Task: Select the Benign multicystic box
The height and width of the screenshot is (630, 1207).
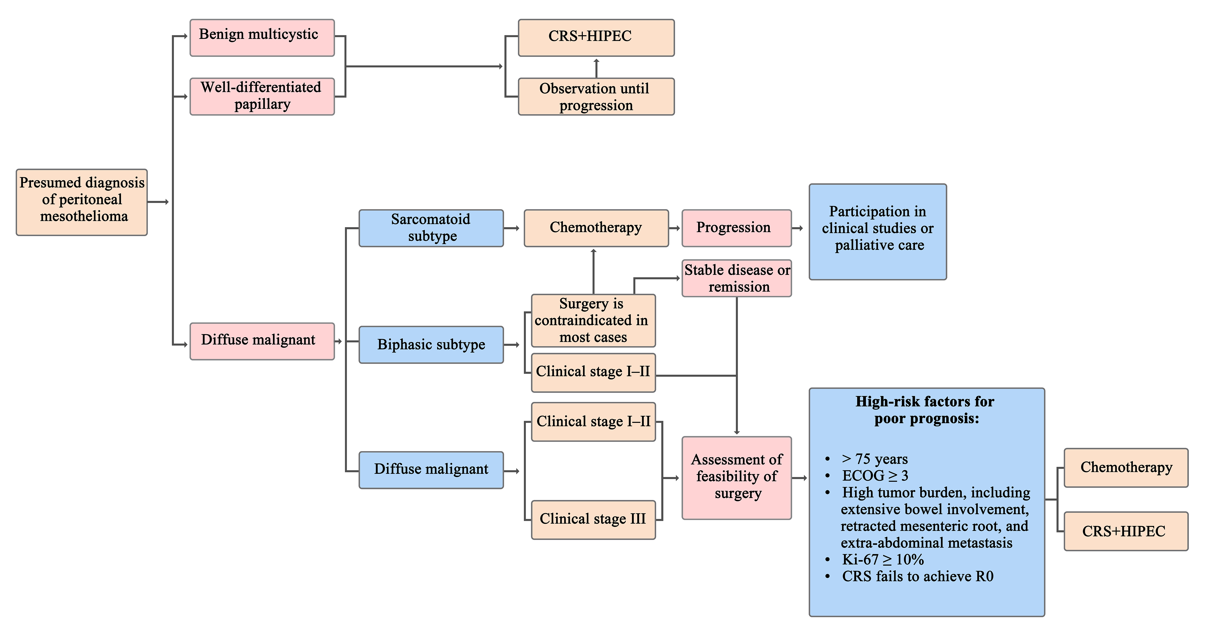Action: pyautogui.click(x=262, y=37)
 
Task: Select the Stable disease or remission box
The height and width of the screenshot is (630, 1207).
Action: pyautogui.click(x=736, y=278)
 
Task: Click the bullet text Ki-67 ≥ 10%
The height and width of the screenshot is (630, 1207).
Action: pyautogui.click(x=883, y=559)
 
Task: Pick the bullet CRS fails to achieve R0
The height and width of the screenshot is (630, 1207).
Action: pyautogui.click(x=917, y=576)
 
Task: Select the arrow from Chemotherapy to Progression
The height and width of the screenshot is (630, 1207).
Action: pyautogui.click(x=675, y=228)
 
